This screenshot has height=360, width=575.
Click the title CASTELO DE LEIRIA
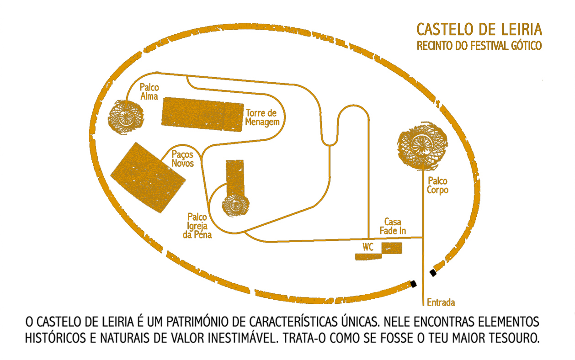479,30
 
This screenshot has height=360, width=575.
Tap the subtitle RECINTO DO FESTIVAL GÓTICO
479,46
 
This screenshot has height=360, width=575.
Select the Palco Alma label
149,91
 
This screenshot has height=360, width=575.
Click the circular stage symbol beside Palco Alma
125,117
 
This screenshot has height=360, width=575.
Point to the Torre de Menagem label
262,117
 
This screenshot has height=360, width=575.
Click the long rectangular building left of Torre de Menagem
202,114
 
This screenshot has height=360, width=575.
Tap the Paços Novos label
182,159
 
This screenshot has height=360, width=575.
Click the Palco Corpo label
437,185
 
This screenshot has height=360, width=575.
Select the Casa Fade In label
393,226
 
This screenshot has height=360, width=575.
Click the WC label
368,247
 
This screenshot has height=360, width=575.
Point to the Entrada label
441,302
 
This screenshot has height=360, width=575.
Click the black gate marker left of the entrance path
414,284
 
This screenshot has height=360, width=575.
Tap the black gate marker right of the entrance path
433,273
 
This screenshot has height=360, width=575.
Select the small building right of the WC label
392,248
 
